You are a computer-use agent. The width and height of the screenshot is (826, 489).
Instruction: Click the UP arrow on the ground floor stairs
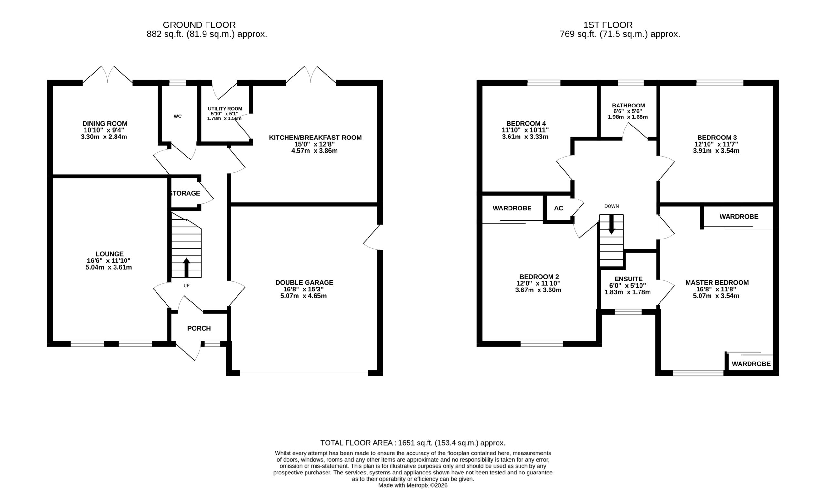186,267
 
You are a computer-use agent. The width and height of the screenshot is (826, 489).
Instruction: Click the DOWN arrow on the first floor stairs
611,224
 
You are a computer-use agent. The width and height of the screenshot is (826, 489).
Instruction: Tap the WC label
177,116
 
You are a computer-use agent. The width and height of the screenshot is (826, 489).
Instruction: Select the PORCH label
199,328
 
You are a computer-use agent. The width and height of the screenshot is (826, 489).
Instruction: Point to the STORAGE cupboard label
185,193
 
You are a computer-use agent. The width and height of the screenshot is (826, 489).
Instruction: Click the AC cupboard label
559,208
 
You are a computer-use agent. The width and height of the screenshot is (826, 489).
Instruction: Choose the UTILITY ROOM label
225,109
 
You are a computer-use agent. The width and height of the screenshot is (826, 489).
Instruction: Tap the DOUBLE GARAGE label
304,283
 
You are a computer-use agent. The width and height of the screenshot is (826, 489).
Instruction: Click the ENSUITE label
629,279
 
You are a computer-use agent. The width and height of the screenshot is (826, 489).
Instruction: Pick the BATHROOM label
629,106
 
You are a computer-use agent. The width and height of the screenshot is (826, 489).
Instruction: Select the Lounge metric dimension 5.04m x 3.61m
109,267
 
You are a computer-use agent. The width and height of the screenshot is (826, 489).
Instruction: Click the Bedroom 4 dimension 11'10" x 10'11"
525,130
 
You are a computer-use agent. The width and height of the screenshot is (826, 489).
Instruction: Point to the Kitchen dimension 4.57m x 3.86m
315,151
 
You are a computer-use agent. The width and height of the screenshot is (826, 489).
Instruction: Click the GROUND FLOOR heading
199,25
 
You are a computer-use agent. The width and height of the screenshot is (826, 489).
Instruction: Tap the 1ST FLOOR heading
608,25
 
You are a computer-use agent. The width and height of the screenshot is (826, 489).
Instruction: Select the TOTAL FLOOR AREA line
413,443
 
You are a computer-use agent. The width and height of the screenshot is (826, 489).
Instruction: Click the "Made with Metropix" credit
413,485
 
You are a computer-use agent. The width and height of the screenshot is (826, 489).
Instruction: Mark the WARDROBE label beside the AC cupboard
512,208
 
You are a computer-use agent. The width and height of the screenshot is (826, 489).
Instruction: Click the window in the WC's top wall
177,83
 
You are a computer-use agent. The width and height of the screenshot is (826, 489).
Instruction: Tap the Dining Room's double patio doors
108,75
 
